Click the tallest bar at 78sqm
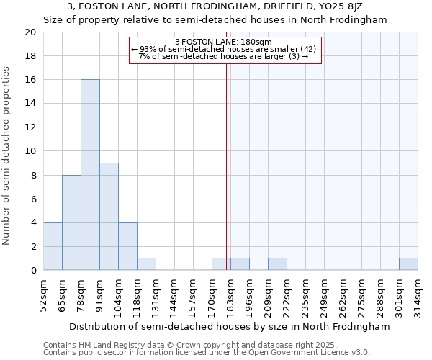[x=90, y=175]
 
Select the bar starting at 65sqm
[x=71, y=222]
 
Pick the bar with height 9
[x=109, y=217]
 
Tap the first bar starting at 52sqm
[x=53, y=246]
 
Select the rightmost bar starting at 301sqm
[x=408, y=264]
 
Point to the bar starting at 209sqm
[x=277, y=264]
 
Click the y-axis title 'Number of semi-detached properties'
[x=6, y=156]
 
